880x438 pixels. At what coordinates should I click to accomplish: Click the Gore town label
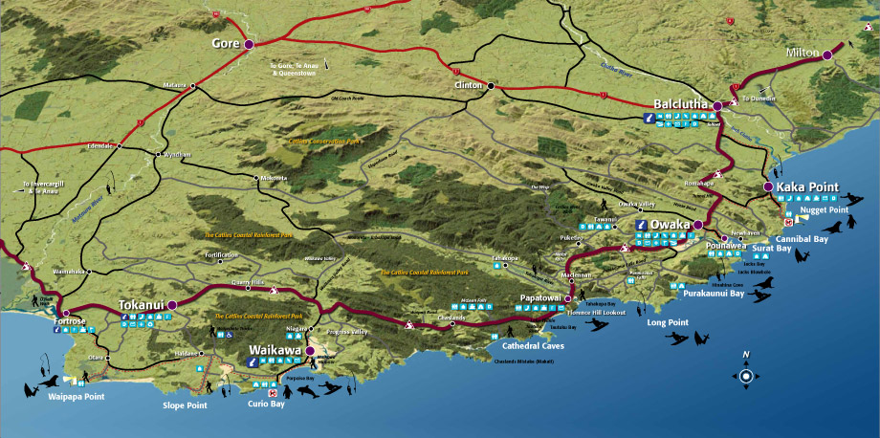click(225, 43)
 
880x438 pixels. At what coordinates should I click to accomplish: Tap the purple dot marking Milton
click(827, 55)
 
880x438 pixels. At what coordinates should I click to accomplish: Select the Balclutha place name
click(680, 103)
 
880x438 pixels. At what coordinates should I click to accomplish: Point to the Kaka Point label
click(807, 186)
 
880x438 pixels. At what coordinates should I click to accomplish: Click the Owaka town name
click(670, 225)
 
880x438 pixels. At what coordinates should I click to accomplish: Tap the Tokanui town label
click(141, 305)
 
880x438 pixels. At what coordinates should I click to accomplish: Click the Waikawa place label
click(275, 350)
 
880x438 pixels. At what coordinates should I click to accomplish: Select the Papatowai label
click(539, 297)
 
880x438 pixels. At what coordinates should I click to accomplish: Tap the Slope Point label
click(185, 405)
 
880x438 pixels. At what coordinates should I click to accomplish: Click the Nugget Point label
click(825, 209)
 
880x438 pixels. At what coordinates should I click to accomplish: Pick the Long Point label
click(667, 322)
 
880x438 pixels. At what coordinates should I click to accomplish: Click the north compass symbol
click(745, 375)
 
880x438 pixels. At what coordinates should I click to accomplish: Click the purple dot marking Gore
click(249, 44)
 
